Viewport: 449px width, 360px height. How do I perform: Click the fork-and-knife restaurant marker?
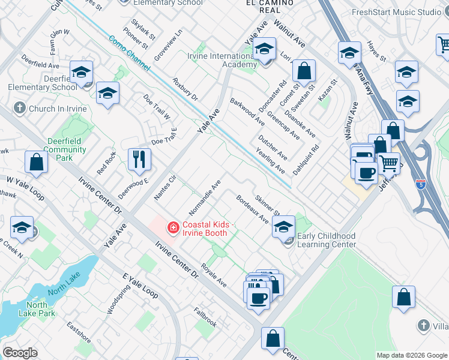click(x=139, y=160)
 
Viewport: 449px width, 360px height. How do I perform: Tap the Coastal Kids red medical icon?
click(x=173, y=227)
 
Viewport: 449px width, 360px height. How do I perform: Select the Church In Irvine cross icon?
click(x=20, y=109)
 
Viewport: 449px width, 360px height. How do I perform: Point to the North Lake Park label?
click(x=41, y=309)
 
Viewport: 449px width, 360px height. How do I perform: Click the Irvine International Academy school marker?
click(x=264, y=52)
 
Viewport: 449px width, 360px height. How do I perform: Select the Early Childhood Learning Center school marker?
click(x=284, y=227)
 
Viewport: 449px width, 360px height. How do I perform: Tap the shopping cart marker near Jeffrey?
click(x=389, y=162)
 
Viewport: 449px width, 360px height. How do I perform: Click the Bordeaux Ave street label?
click(x=252, y=209)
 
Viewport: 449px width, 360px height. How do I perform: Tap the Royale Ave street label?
click(x=213, y=275)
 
